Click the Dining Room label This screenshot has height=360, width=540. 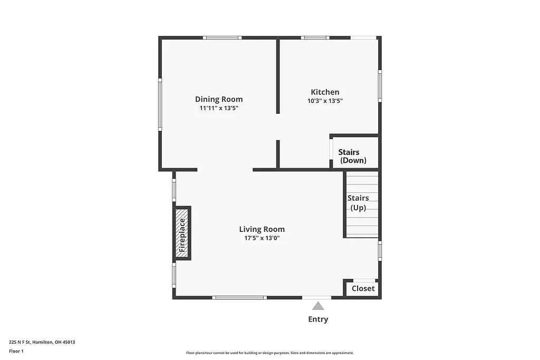[x=219, y=99]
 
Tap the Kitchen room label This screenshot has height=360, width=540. [x=325, y=92]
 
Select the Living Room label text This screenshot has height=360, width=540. [x=262, y=229]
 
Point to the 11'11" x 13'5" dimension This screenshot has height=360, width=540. [x=219, y=108]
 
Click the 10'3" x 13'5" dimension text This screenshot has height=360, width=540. [x=325, y=101]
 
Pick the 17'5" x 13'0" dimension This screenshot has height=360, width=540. [x=262, y=238]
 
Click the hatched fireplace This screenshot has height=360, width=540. [x=182, y=233]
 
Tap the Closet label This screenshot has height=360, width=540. [x=363, y=288]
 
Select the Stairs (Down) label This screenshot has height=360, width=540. [x=352, y=157]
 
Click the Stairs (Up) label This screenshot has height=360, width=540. [x=358, y=203]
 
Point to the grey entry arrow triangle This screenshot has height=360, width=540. [x=317, y=306]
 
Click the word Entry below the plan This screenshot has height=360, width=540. [x=318, y=319]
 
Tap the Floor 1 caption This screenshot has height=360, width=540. [x=16, y=351]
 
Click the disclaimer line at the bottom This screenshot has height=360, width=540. [x=269, y=353]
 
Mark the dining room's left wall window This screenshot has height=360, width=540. [x=160, y=104]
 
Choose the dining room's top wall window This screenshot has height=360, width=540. [x=222, y=38]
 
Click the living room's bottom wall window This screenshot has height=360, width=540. [x=239, y=298]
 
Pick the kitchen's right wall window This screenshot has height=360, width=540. [x=380, y=86]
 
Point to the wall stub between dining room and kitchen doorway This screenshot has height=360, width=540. [x=277, y=154]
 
